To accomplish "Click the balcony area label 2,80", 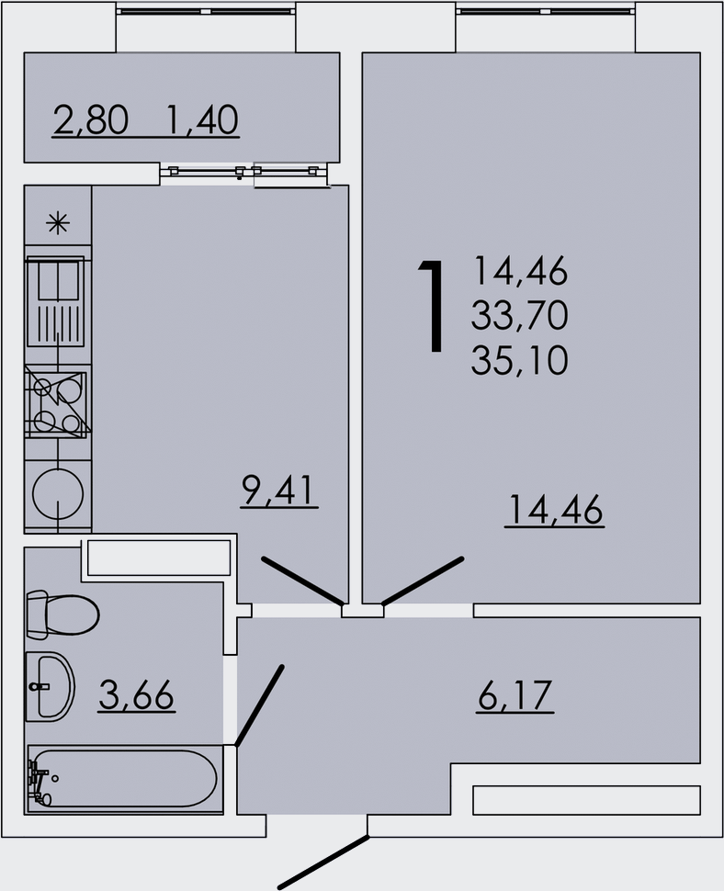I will click(90, 119).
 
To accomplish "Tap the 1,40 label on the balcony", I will click(202, 119).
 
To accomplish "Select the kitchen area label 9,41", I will click(278, 491).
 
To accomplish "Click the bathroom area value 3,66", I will click(136, 695).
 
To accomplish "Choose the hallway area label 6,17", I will click(515, 695).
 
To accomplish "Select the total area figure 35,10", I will click(519, 361).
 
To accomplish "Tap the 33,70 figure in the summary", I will click(519, 317).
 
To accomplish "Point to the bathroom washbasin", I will click(48, 685).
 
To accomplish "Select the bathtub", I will click(123, 779).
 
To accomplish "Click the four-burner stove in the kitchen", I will click(57, 404).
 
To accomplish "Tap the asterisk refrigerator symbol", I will click(58, 221).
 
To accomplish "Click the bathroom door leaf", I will click(259, 705).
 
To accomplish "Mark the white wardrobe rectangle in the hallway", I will click(586, 799).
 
